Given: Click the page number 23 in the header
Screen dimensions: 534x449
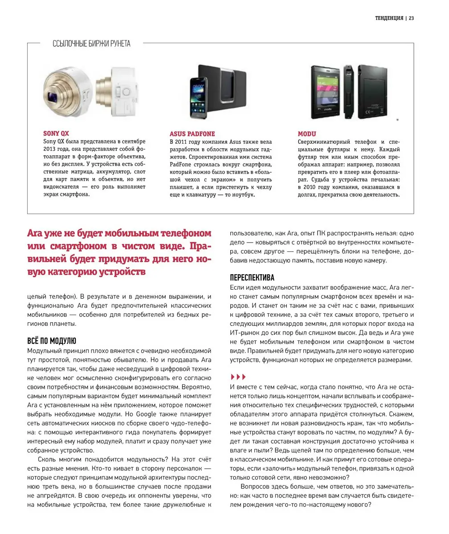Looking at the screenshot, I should pos(411,18).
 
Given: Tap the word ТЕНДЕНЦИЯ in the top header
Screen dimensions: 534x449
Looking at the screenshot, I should pos(389,18).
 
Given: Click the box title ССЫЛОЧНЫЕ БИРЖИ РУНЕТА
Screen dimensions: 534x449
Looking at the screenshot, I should pos(91,44).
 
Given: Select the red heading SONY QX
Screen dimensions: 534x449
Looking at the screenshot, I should pos(56,133).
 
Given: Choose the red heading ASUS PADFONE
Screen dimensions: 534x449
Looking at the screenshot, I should pos(192,133).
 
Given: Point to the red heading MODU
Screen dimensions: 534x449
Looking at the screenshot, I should pos(307,133).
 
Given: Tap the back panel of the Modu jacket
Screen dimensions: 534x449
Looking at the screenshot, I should pos(379,91).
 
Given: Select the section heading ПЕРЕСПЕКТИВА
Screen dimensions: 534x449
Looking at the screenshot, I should pos(252,278).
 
